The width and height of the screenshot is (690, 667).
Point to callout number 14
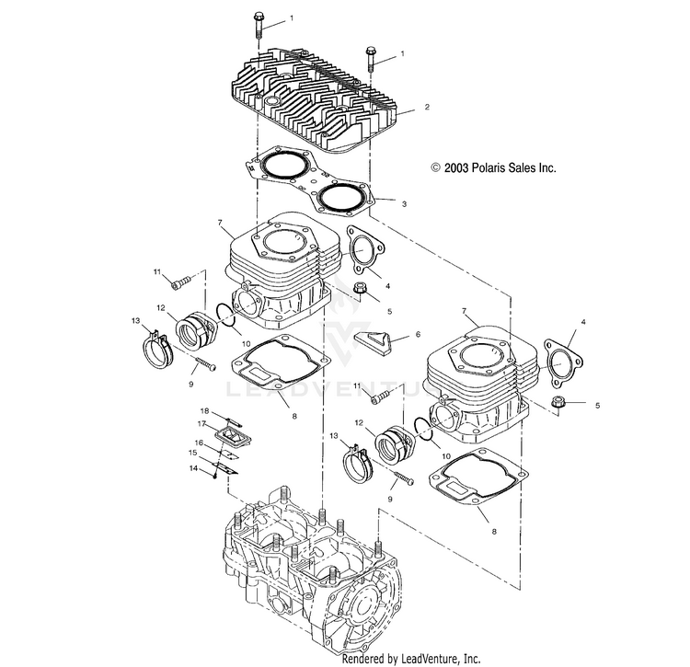194,468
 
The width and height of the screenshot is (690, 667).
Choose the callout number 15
194,454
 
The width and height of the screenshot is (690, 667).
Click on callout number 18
205,410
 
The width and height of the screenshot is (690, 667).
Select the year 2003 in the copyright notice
459,168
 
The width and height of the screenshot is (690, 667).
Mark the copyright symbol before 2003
436,168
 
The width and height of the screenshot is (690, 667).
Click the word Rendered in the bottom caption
364,660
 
